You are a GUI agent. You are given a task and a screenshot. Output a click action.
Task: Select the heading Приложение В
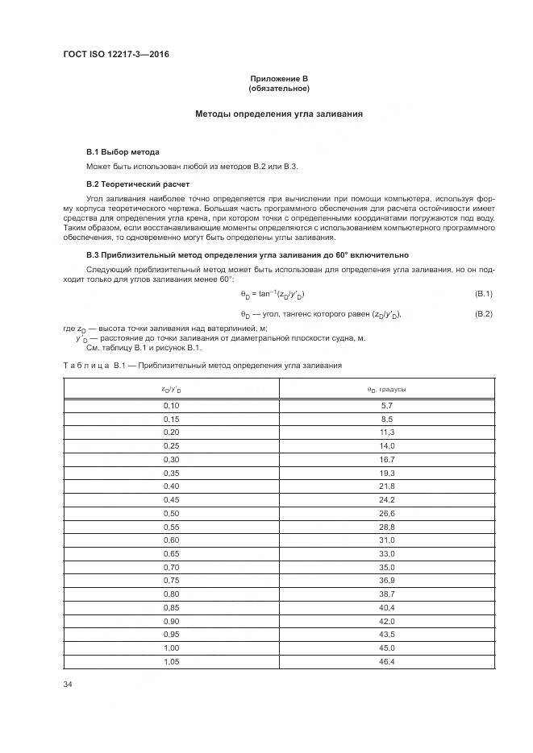pos(279,78)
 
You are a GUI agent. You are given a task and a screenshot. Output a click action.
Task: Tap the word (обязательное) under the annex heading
pos(279,88)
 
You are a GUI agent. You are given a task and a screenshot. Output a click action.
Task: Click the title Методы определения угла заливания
pos(279,114)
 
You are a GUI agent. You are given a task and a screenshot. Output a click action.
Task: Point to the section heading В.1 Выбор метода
pos(123,151)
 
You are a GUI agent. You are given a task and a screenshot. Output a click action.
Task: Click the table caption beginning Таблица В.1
pos(202,366)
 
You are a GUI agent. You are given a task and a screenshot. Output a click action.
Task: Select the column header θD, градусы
pos(386,389)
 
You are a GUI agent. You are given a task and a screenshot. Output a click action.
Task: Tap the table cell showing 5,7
pos(386,406)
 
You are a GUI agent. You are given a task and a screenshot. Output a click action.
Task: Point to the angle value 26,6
pos(386,513)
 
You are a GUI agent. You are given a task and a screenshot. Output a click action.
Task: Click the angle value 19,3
pos(386,473)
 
